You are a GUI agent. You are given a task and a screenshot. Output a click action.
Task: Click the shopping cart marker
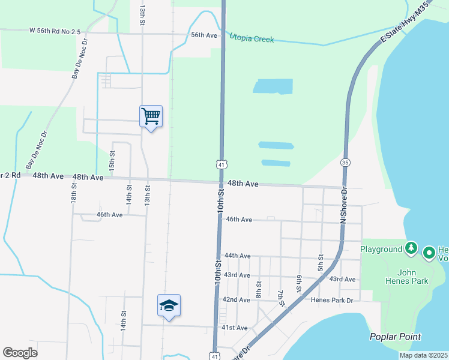(x=151, y=116)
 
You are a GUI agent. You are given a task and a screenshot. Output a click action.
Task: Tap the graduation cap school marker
(x=169, y=305)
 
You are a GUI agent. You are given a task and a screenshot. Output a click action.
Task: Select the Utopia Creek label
(x=252, y=38)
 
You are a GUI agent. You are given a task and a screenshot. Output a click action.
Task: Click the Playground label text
(x=381, y=249)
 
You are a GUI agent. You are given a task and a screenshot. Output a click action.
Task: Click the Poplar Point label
(x=395, y=337)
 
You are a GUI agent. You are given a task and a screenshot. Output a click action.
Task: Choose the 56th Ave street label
(x=203, y=35)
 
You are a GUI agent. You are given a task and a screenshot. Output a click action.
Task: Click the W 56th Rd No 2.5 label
(x=55, y=30)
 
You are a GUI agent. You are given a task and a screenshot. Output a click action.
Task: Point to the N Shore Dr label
(x=344, y=205)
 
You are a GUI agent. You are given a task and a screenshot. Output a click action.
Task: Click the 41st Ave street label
(x=234, y=328)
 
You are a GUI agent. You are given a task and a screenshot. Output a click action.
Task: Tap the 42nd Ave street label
(x=236, y=299)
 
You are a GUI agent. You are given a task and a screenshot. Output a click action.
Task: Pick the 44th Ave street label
(x=237, y=256)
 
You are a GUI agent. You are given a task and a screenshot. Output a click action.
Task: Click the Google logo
(x=20, y=353)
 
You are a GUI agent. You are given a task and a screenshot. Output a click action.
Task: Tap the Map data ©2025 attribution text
(x=423, y=355)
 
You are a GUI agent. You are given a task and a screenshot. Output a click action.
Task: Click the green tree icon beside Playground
(x=411, y=248)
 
